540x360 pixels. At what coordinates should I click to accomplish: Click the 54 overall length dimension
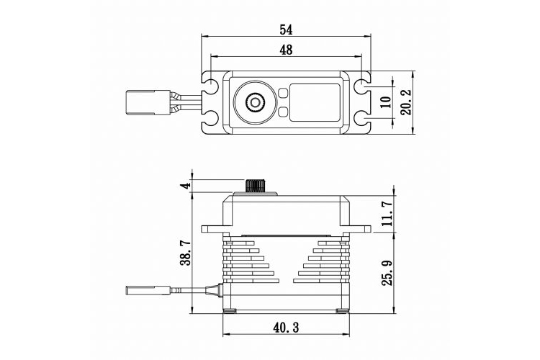286,30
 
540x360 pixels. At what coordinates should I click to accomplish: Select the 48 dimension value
286,50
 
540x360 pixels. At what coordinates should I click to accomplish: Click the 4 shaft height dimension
186,186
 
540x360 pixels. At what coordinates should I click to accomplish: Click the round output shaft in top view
254,103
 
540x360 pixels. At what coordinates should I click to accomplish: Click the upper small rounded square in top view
282,94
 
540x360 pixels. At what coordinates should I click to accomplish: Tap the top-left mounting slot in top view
211,86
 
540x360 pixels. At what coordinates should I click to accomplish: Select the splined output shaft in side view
254,186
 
